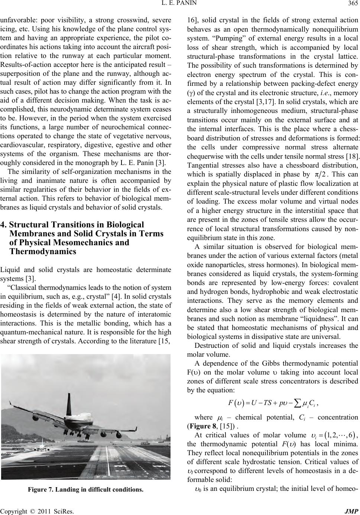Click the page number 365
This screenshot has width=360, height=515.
click(x=352, y=5)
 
